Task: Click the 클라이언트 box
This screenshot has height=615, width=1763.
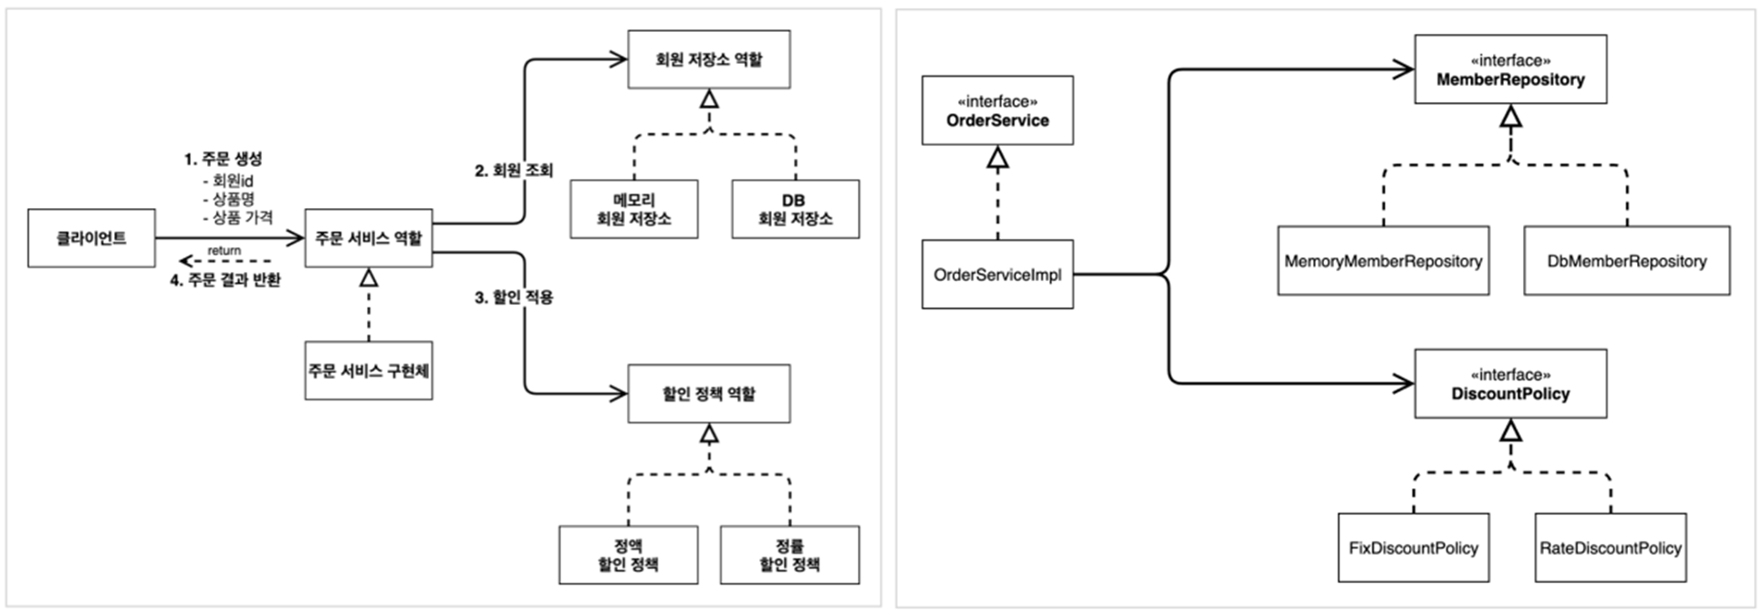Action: pos(91,238)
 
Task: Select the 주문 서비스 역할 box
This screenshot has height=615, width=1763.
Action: pos(369,238)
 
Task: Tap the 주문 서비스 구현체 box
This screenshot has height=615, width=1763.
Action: pos(369,370)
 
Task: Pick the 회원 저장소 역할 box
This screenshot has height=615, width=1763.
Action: pos(709,59)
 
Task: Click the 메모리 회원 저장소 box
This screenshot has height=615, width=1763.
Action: pos(634,209)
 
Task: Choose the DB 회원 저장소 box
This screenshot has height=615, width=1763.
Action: pos(796,209)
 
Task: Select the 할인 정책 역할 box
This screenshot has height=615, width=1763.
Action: pos(709,393)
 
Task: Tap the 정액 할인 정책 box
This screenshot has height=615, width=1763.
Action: pos(629,555)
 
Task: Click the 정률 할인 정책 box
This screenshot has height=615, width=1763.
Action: pos(790,555)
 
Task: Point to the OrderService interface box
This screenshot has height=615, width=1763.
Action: pos(997,110)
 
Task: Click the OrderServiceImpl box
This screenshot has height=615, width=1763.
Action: pos(997,274)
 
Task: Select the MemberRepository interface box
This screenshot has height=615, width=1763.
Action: pos(1510,69)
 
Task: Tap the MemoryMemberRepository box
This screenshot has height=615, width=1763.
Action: pos(1383,261)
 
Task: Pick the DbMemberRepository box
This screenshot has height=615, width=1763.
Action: pos(1627,261)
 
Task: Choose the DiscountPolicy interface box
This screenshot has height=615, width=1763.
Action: pos(1510,383)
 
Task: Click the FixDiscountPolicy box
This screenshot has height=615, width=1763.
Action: pos(1414,547)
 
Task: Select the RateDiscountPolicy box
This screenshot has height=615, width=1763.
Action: pos(1611,547)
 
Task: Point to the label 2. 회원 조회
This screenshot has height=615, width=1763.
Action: pos(514,171)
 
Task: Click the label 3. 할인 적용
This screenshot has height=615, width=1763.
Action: pos(514,297)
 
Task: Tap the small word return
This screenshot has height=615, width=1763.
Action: pos(224,251)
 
